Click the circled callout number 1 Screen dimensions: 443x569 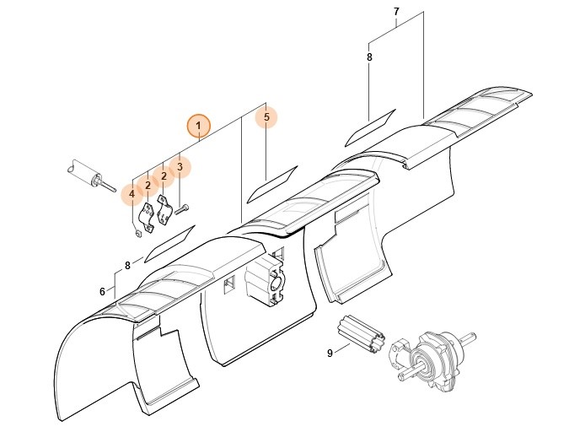[198, 127]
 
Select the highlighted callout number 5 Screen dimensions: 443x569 [266, 117]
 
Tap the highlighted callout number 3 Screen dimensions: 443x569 [180, 167]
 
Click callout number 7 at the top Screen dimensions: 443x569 [396, 11]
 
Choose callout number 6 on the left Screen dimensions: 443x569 [102, 291]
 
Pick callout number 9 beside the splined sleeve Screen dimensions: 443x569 [330, 354]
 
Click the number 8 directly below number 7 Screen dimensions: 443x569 [369, 57]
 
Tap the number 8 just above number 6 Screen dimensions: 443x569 [127, 265]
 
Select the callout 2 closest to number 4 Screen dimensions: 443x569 [148, 185]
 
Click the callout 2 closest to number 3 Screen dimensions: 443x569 [164, 178]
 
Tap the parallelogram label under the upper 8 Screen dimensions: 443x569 [372, 124]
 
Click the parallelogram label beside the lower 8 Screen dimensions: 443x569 [170, 242]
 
